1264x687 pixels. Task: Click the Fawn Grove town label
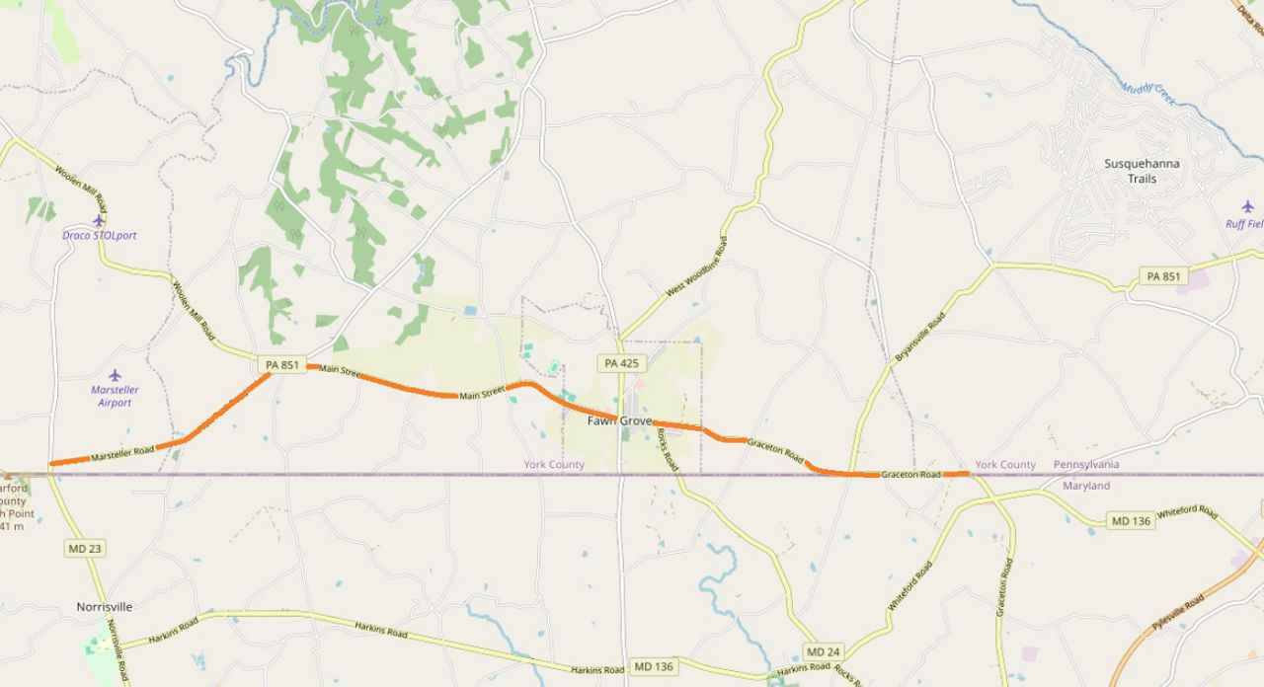(619, 420)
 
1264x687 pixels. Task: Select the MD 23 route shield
(84, 548)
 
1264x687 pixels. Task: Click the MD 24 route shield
(823, 651)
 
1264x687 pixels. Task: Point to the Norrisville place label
(104, 607)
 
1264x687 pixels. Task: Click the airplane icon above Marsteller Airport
(115, 375)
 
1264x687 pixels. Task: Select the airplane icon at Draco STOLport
(98, 221)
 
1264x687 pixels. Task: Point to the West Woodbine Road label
(696, 267)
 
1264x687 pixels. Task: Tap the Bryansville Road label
(920, 336)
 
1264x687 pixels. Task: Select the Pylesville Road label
(1178, 613)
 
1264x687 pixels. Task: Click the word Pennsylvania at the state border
(1086, 464)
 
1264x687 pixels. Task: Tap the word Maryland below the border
(1086, 486)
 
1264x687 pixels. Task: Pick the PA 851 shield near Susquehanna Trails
(1163, 276)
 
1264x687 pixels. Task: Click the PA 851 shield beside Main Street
(281, 364)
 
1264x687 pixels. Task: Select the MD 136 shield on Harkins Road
(653, 666)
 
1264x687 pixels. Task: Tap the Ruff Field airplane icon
(1247, 206)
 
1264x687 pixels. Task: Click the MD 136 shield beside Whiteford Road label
(1131, 520)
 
